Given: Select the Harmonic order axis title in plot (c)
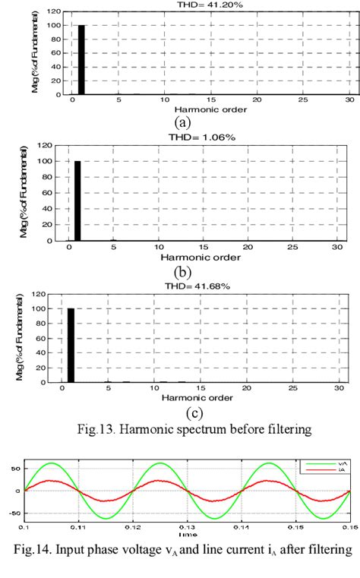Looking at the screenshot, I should (186, 399).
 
